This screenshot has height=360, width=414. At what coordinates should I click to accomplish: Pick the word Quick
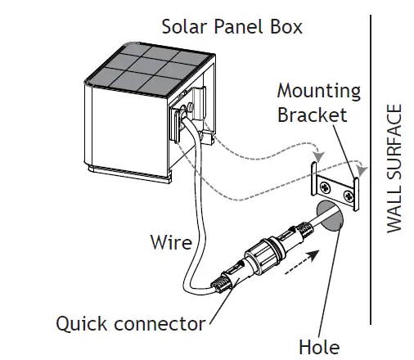point(81,323)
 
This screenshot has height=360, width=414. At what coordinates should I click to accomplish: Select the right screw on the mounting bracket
point(351,195)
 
